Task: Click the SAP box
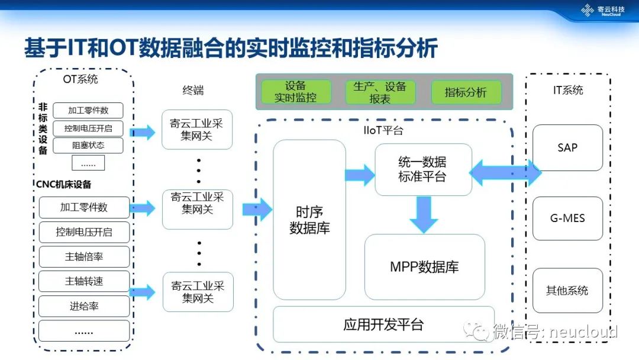point(567,147)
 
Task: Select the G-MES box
point(567,218)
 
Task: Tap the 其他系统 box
point(567,291)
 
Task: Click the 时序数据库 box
point(309,220)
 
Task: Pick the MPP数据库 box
point(424,267)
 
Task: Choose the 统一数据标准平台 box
point(423,169)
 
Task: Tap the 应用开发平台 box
point(383,324)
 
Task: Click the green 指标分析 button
point(466,92)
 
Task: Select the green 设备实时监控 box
point(295,92)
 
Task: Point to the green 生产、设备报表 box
point(380,92)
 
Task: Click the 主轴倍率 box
point(84,257)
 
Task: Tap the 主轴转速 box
point(84,281)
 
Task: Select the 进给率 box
point(84,306)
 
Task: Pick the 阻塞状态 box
point(88,146)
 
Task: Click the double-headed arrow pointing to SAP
point(505,173)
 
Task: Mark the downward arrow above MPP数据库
point(423,214)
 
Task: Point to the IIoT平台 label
point(383,130)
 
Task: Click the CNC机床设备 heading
point(64,184)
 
